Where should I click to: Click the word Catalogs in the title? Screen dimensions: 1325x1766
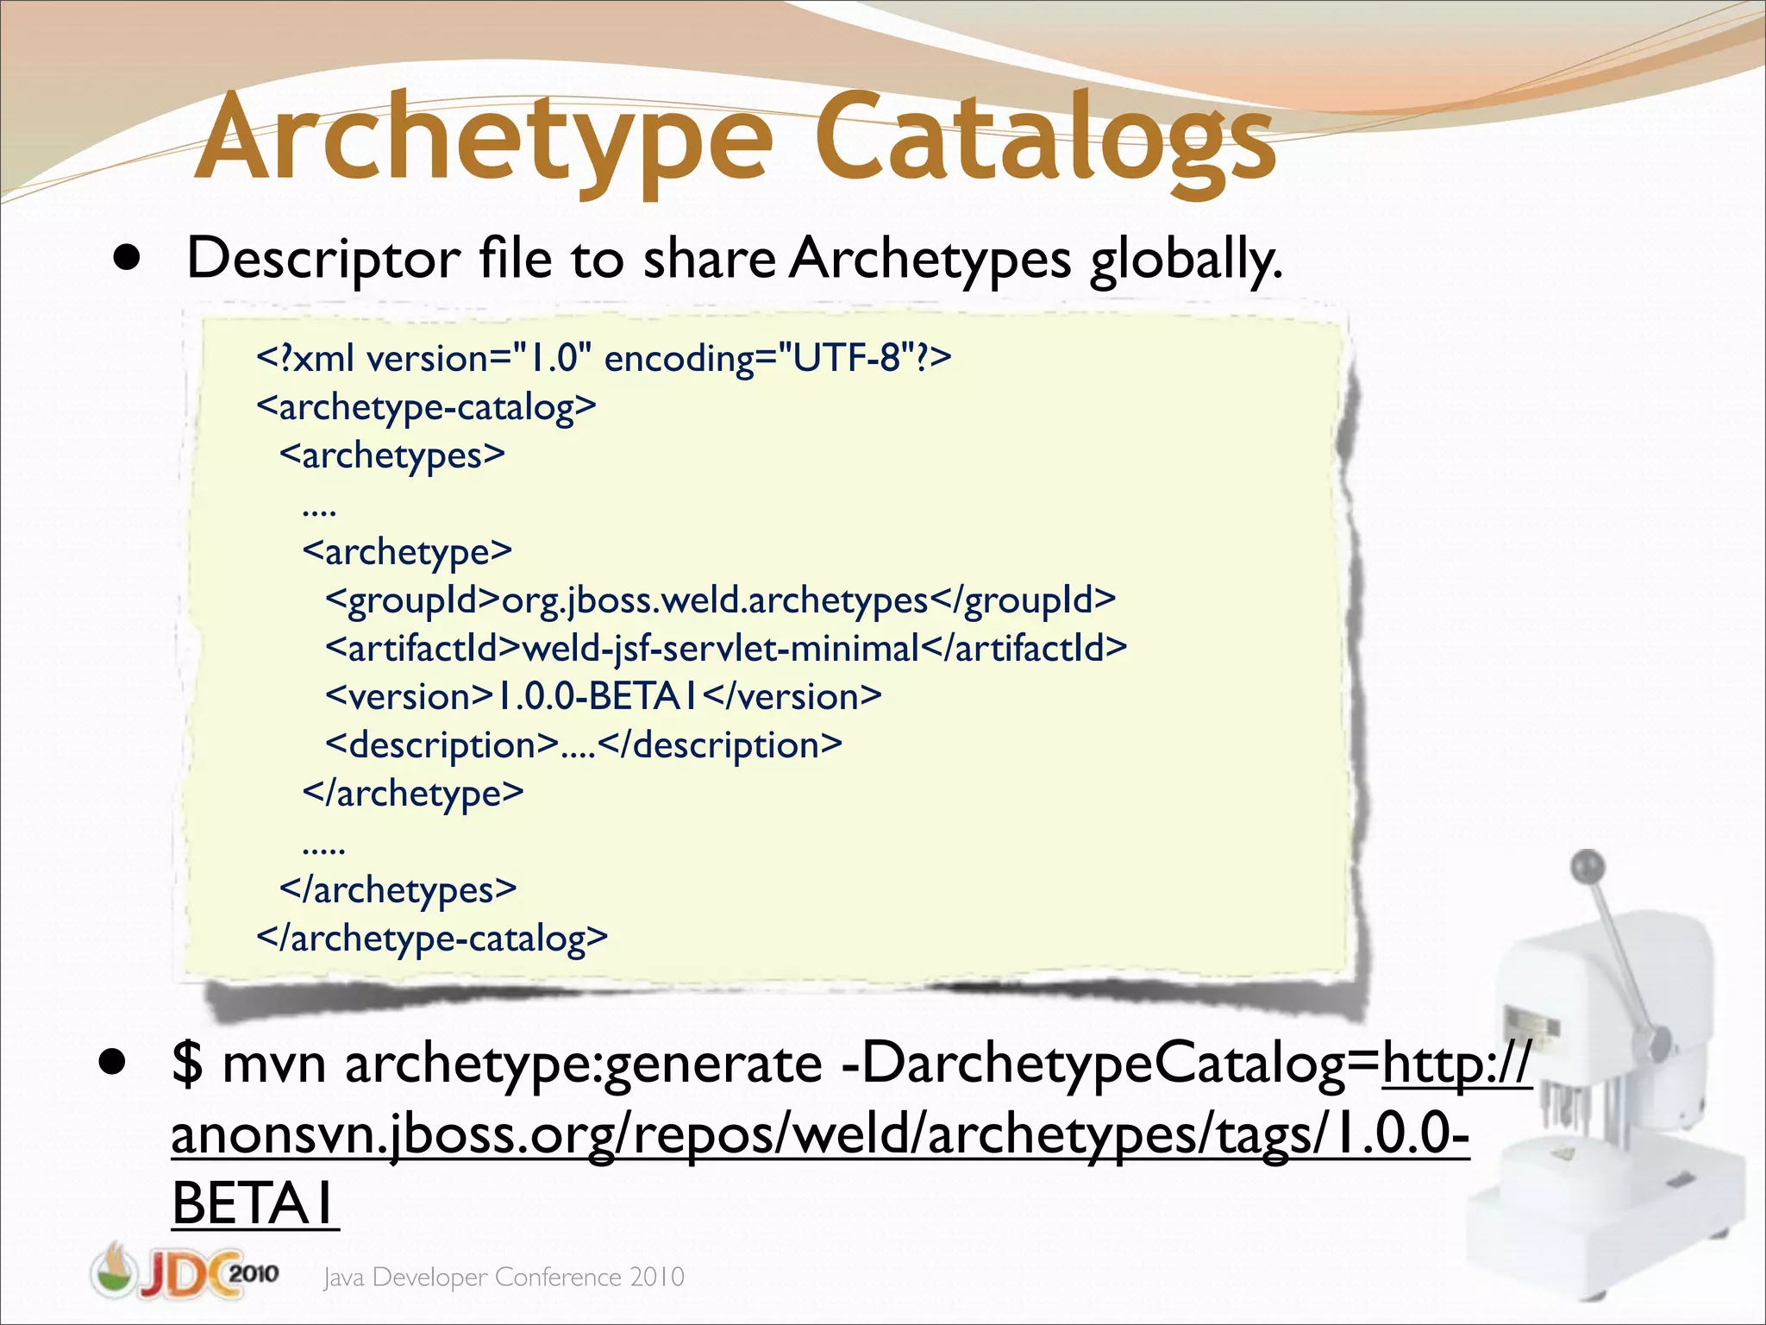point(1043,138)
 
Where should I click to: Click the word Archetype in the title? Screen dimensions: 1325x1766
point(483,138)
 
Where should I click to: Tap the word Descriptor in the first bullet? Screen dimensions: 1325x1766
point(323,259)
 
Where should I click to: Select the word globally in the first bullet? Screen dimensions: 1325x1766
point(1186,259)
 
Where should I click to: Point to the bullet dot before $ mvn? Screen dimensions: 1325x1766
point(111,1062)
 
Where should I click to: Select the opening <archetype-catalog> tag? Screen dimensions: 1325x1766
point(426,406)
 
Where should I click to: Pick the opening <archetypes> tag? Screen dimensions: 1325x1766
point(392,455)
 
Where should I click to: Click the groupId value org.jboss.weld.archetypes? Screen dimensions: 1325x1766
point(714,600)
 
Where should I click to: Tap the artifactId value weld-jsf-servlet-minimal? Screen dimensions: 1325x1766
point(721,648)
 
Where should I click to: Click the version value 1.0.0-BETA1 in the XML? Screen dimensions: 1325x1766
point(598,696)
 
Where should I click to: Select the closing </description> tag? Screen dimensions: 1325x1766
point(719,744)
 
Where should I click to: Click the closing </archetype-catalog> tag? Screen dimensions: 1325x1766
point(432,938)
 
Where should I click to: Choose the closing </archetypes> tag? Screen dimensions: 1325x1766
point(398,889)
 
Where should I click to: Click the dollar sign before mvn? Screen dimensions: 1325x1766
point(186,1063)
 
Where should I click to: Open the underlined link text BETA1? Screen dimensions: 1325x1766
point(254,1203)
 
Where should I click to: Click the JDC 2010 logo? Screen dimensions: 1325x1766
point(185,1272)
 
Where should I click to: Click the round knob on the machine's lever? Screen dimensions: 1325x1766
point(1588,865)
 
